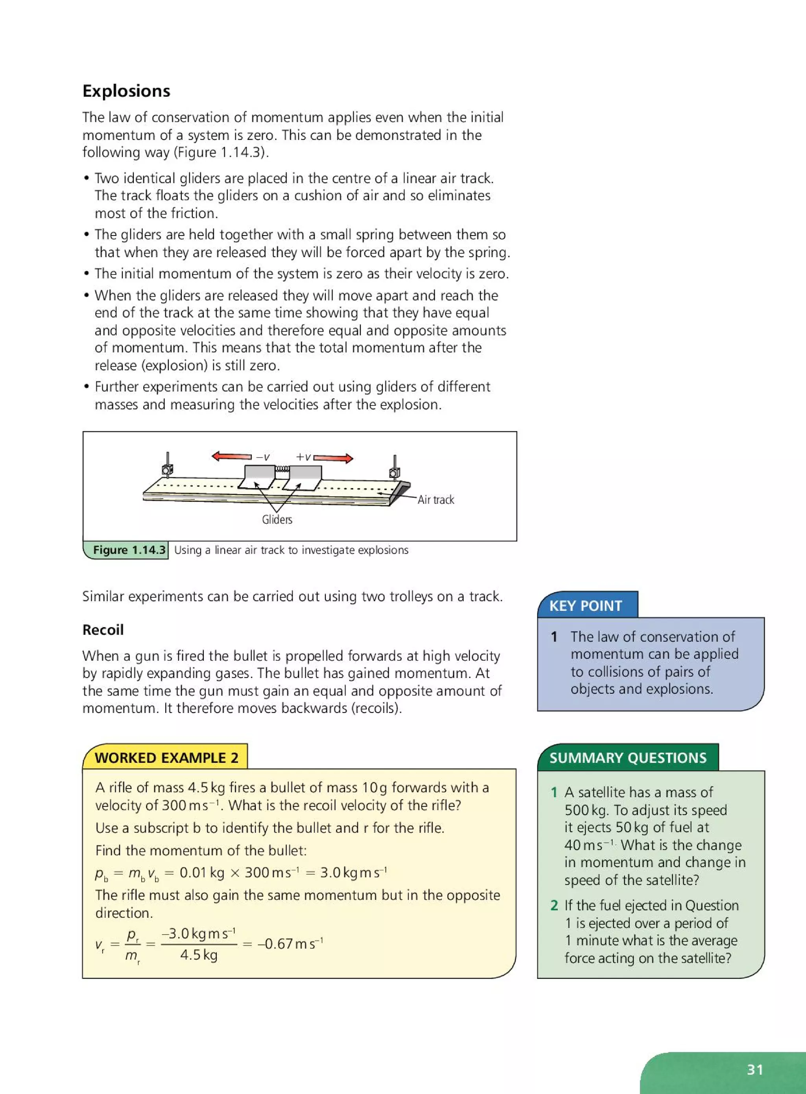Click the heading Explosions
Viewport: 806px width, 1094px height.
pos(126,91)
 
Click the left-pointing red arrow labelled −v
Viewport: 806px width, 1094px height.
pos(232,456)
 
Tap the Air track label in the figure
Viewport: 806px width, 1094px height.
pos(436,500)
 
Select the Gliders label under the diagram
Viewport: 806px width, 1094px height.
pos(277,520)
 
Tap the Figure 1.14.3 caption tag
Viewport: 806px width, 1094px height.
pos(129,550)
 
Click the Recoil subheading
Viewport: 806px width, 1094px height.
pos(103,630)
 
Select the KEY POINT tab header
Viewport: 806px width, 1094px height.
pos(586,606)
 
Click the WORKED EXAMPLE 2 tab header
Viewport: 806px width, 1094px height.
pos(166,758)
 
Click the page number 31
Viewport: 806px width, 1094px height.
pos(754,1070)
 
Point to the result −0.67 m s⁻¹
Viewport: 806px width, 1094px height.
pos(290,943)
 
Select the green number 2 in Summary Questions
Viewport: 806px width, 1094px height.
pos(554,905)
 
